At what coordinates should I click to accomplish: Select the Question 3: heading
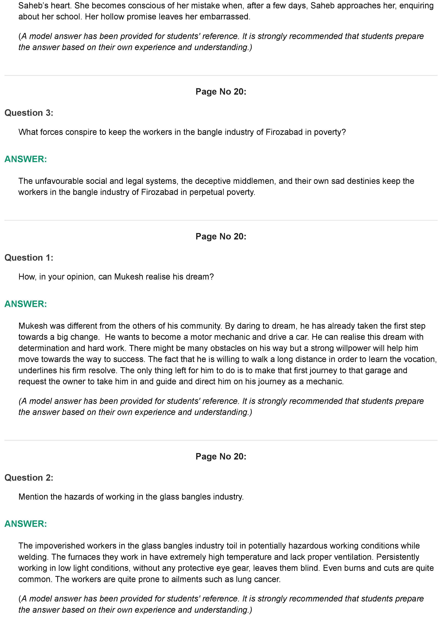tap(29, 113)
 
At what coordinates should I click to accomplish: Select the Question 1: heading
tap(29, 257)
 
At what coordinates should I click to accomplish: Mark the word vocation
tap(420, 359)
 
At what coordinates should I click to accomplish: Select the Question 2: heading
tap(29, 477)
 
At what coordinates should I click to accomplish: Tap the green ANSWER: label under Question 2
tap(26, 524)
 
